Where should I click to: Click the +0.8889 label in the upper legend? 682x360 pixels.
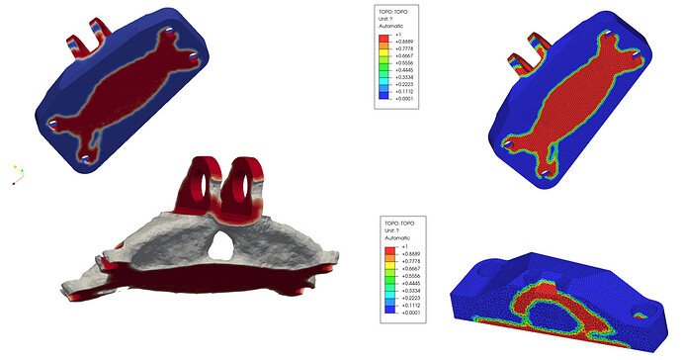(x=403, y=42)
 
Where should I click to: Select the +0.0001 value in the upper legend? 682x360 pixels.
(x=403, y=98)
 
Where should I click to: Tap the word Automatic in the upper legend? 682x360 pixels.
(x=391, y=26)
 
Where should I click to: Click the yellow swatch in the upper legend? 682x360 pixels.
(x=384, y=55)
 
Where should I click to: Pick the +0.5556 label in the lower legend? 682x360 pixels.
(x=410, y=276)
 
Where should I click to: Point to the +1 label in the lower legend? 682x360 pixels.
(x=404, y=246)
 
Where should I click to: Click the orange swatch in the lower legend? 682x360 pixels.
(x=389, y=258)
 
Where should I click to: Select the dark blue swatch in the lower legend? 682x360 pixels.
(x=389, y=310)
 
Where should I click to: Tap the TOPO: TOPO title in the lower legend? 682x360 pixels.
(x=399, y=224)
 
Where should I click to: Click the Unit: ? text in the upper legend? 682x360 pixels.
(x=386, y=19)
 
